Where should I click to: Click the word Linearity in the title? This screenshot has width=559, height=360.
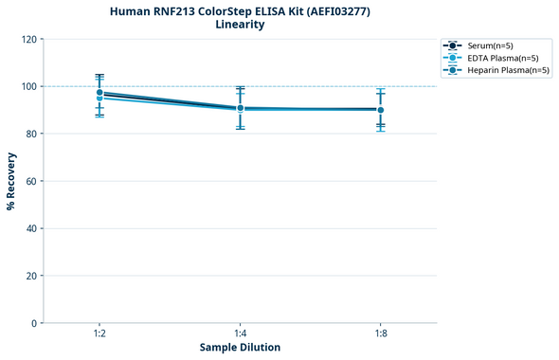coord(240,25)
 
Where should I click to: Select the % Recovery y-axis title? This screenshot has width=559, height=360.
coord(11,180)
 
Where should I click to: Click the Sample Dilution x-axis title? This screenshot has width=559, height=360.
coord(240,348)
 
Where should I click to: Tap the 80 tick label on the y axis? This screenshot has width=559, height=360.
coord(30,134)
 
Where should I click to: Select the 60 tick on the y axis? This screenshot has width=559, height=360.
coord(30,181)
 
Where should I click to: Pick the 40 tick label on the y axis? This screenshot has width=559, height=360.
coord(30,228)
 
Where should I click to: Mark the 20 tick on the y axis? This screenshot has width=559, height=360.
coord(30,276)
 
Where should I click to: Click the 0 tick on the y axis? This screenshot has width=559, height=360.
coord(33,323)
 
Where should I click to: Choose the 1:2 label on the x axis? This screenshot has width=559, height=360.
coord(99,333)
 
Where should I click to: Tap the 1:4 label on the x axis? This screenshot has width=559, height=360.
coord(240,333)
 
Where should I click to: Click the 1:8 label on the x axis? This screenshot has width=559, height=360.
coord(380,333)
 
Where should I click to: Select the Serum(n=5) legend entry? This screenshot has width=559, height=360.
coord(490,45)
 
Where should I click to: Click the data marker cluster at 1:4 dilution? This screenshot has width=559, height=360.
coord(240,108)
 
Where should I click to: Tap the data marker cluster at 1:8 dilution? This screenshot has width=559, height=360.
coord(380,110)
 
